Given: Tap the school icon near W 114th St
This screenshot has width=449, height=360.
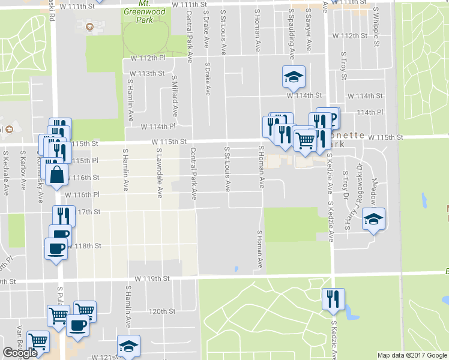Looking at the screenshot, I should [x=294, y=77].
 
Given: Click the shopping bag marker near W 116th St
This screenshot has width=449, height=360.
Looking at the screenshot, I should [x=56, y=175].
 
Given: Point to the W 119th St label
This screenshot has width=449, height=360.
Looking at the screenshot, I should [x=153, y=279].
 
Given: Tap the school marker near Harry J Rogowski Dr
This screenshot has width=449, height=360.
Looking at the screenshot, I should [x=373, y=219].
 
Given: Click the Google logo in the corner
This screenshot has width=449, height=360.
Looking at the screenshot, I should [x=20, y=353].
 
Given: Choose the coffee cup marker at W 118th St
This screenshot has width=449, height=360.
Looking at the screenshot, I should [x=56, y=247].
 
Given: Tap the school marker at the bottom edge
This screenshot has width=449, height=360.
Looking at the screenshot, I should [x=128, y=346].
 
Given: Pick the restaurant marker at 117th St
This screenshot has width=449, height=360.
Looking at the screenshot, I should [x=63, y=215].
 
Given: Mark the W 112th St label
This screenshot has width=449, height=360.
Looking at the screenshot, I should [x=353, y=36].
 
